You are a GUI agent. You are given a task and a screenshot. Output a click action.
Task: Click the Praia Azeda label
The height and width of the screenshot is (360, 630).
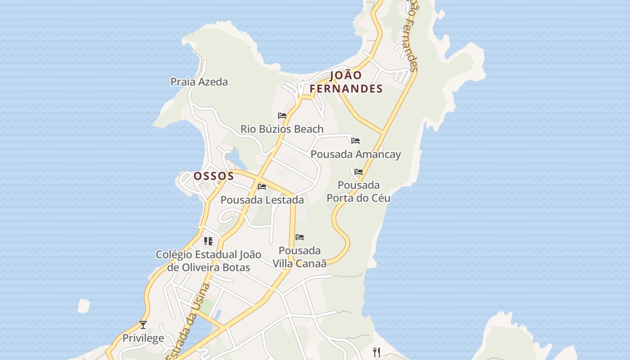tap(199, 82)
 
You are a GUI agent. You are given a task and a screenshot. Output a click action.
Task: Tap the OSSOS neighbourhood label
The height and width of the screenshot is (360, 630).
tap(214, 176)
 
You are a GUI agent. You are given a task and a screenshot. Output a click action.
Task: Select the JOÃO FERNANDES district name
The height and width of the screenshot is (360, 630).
tap(346, 82)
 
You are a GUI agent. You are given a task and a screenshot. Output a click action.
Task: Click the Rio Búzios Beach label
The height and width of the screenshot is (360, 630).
tap(282, 129)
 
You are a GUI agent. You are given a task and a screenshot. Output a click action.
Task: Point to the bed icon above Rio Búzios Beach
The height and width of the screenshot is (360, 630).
tap(282, 116)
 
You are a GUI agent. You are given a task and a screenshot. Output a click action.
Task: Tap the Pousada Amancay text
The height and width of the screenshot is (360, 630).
tap(355, 154)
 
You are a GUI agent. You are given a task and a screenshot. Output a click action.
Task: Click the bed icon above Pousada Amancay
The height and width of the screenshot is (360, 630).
tap(355, 141)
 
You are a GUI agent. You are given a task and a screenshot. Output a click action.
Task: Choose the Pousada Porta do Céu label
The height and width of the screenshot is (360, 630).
tap(358, 192)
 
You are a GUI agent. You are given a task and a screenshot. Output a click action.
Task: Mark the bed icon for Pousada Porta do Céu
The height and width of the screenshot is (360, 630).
tap(359, 172)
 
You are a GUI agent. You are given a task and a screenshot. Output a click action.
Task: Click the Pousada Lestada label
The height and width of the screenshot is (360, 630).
tap(262, 200)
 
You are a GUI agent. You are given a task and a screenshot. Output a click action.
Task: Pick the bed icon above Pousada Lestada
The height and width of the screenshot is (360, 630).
tap(262, 186)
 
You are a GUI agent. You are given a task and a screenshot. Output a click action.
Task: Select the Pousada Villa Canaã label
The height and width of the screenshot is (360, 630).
tap(300, 257)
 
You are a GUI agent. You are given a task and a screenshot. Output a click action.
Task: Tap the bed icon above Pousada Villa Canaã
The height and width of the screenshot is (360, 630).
tap(300, 237)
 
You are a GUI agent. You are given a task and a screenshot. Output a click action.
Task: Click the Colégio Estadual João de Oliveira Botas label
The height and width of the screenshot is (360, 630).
tap(208, 261)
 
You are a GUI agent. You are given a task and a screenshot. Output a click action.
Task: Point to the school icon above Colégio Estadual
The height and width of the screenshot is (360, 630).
tap(208, 241)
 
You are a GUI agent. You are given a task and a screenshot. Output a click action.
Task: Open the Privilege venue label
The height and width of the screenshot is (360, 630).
tap(143, 338)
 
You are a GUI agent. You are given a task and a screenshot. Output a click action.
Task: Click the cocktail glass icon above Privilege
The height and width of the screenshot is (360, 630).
tap(143, 324)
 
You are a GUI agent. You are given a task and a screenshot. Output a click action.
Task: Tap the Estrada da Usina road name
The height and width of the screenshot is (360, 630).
tap(188, 322)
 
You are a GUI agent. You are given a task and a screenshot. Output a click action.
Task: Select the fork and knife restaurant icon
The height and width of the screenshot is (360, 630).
tap(377, 352)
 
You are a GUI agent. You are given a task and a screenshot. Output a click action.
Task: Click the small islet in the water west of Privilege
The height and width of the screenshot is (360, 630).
tap(84, 306)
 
